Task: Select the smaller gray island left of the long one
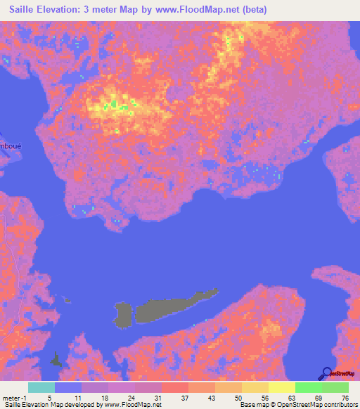(x=122, y=313)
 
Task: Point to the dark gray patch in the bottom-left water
(x=56, y=360)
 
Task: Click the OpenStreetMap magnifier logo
(x=327, y=373)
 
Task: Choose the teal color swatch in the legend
(x=41, y=387)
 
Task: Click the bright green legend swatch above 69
(x=308, y=387)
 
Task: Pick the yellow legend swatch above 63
(x=281, y=387)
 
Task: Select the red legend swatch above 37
(x=174, y=387)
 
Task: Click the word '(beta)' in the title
(x=252, y=8)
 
